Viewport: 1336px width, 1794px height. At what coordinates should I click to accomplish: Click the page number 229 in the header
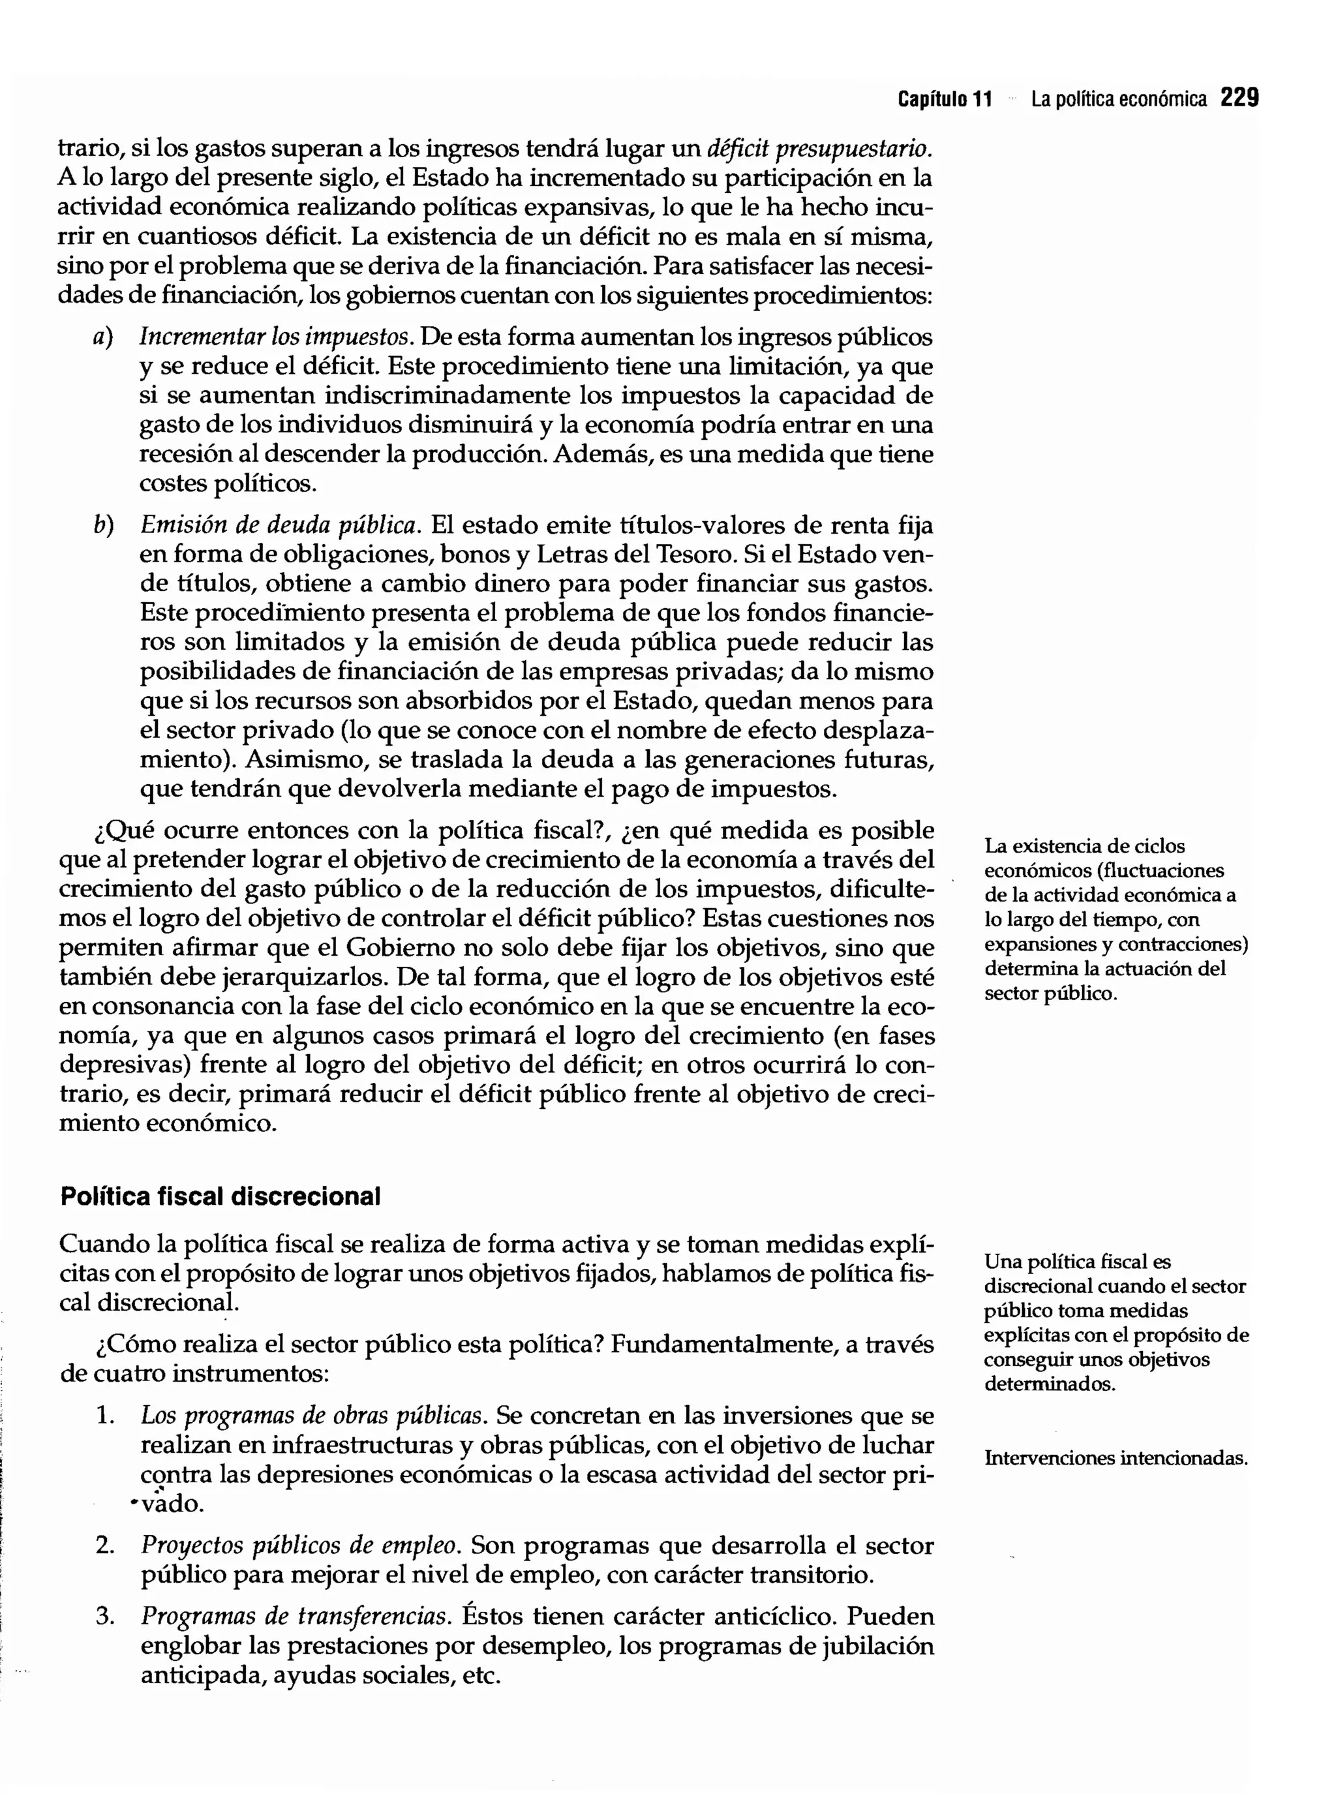[x=1239, y=99]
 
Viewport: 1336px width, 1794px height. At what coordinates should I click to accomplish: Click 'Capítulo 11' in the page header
[x=945, y=100]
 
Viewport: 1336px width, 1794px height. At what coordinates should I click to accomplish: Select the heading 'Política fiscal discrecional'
[x=220, y=1197]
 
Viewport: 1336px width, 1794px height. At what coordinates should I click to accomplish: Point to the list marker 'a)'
[x=102, y=337]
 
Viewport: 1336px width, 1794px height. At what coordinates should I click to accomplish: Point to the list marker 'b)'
[x=102, y=526]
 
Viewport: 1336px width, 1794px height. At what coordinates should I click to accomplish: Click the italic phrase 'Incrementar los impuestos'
[x=274, y=337]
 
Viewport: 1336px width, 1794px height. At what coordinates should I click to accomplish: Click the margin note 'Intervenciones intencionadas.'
[x=1116, y=1458]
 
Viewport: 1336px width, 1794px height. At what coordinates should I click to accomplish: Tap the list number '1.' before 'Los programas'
[x=104, y=1416]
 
